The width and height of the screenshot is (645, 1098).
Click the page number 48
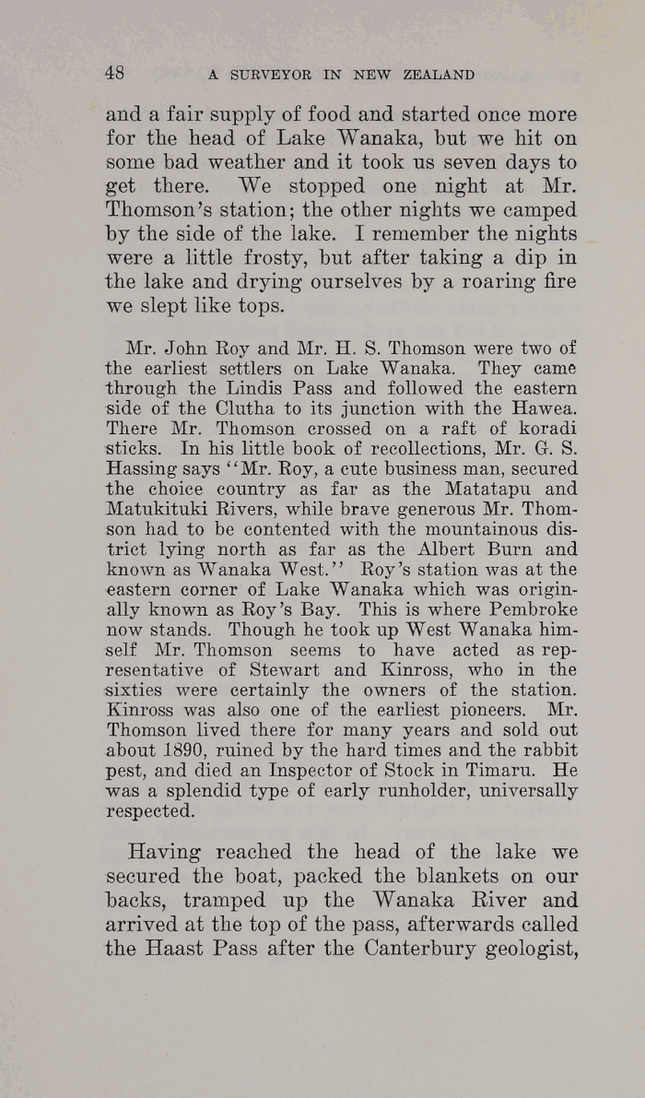115,73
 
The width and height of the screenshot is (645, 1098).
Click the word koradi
548,430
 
